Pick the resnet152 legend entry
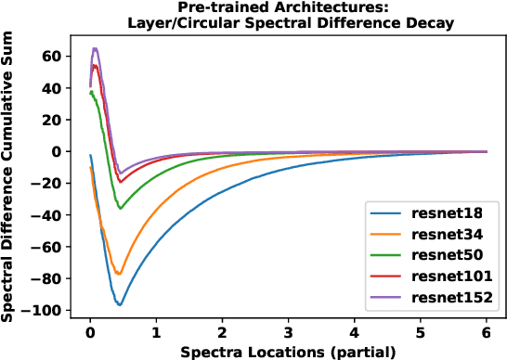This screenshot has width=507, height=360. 443,298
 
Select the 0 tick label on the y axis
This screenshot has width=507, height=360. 57,151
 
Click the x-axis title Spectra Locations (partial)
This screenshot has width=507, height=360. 288,351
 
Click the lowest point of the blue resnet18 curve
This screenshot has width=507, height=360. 120,304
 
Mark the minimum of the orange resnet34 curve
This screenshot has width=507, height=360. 119,273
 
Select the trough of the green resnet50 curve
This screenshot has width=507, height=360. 120,208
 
